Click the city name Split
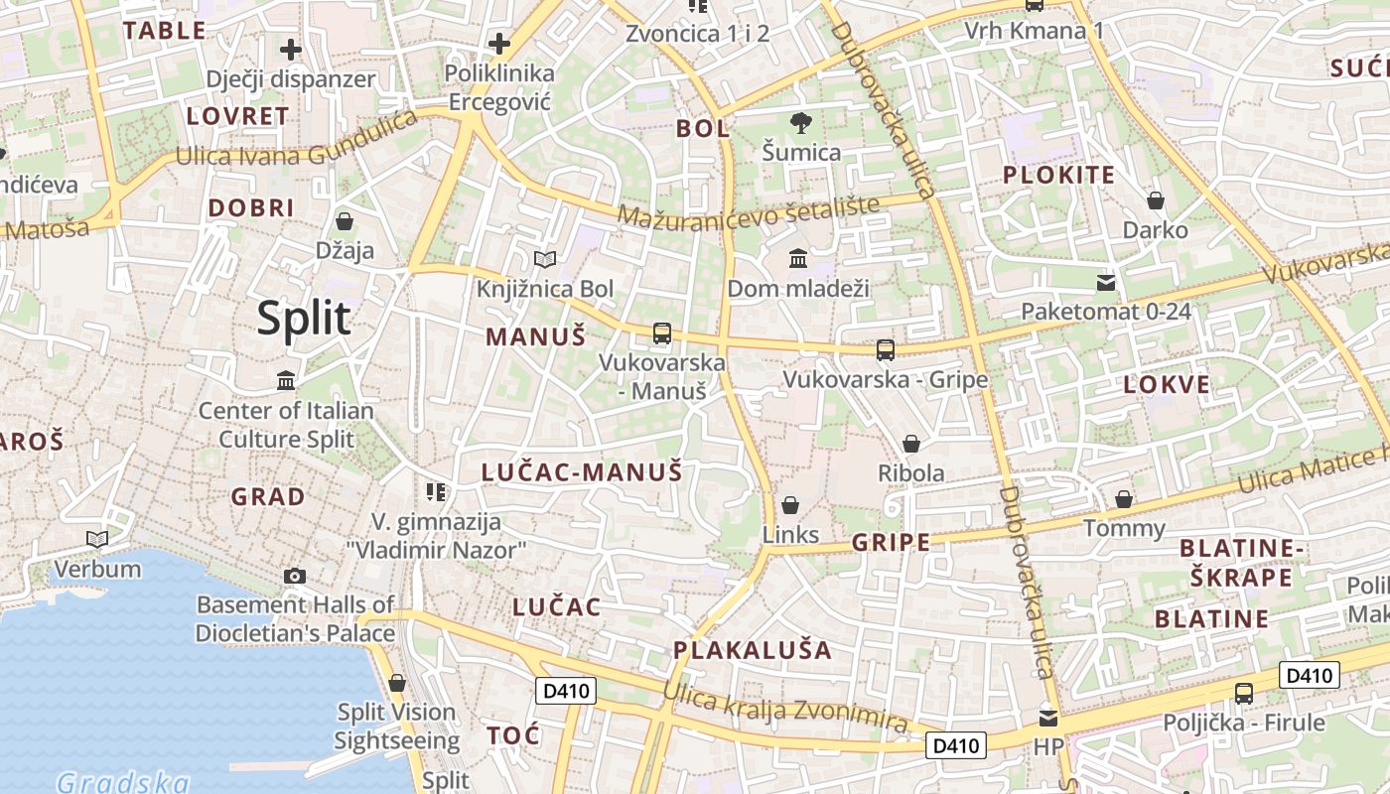(x=304, y=319)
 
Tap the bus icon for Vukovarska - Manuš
(x=662, y=333)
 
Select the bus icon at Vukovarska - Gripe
(x=886, y=350)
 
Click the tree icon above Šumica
(x=801, y=123)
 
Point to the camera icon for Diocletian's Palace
(x=295, y=576)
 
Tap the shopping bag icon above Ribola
(x=911, y=444)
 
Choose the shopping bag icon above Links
(x=791, y=505)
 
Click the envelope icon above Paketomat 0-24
(x=1106, y=283)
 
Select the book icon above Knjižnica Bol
(x=545, y=260)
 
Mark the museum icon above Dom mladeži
(x=798, y=259)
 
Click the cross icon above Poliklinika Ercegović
(x=498, y=44)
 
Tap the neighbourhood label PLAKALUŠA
(x=753, y=651)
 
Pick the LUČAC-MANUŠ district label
(x=582, y=472)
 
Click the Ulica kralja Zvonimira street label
(x=785, y=708)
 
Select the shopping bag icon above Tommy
(x=1124, y=498)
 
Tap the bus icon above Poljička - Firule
(x=1244, y=693)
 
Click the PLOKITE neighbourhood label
(x=1058, y=176)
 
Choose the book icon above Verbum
(x=97, y=539)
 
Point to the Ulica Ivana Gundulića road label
(x=296, y=142)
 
